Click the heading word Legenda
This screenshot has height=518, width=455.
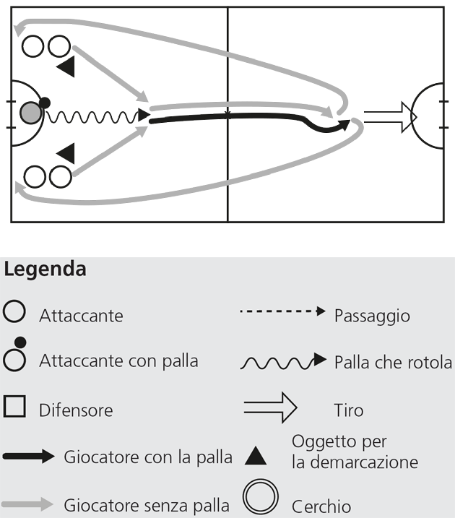[x=45, y=270]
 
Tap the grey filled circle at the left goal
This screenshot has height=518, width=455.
[x=30, y=113]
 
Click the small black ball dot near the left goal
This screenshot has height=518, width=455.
[x=45, y=103]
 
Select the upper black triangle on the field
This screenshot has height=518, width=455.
[x=66, y=67]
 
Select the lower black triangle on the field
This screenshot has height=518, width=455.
[x=66, y=152]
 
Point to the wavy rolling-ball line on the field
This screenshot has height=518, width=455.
[x=94, y=116]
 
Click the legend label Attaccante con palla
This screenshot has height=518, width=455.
[x=118, y=360]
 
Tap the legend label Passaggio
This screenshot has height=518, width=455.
[x=372, y=316]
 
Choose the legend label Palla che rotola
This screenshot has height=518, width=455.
[x=393, y=362]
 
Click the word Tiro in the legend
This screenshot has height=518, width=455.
[x=349, y=410]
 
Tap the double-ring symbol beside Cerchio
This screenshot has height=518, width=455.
[x=261, y=497]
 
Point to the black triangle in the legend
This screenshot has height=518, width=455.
[x=256, y=456]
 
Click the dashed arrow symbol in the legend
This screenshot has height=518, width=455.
[x=282, y=312]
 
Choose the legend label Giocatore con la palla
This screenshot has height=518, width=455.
[x=148, y=457]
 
